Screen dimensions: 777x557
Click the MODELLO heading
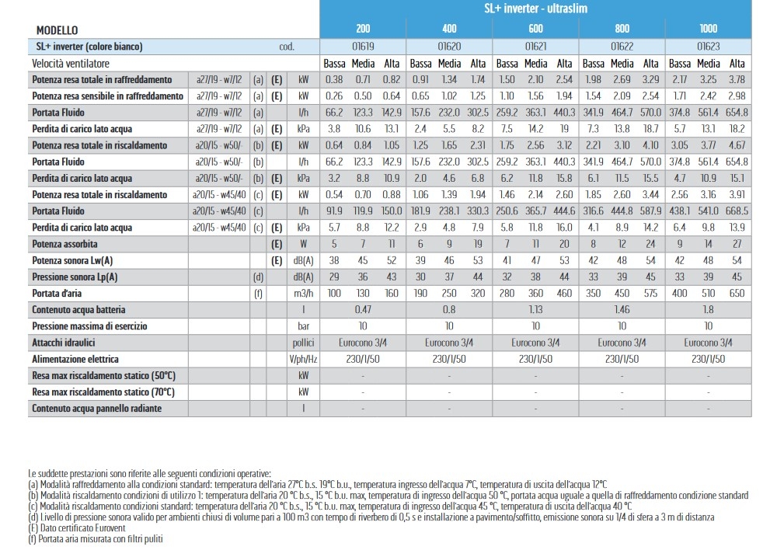(x=57, y=30)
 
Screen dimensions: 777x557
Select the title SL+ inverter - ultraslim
(x=535, y=9)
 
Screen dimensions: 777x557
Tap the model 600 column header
(x=535, y=29)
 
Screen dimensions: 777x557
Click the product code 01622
(x=622, y=47)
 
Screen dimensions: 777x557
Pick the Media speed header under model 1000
(x=709, y=64)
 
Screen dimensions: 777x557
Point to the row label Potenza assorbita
(x=64, y=244)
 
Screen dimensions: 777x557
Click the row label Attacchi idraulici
(x=64, y=343)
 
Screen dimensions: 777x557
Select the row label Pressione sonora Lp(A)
(x=75, y=277)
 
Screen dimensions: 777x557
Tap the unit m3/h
(x=303, y=294)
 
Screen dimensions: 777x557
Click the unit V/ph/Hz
(x=303, y=359)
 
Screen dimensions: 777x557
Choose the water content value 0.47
(x=363, y=310)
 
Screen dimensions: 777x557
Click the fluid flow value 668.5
(x=737, y=211)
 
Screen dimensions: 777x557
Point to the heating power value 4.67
(x=737, y=145)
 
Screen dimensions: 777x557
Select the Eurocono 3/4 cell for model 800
(x=622, y=343)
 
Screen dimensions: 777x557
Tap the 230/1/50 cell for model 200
(x=363, y=359)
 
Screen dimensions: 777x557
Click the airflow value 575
(x=650, y=294)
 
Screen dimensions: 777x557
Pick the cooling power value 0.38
(x=334, y=79)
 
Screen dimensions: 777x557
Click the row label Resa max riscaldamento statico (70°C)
(x=103, y=392)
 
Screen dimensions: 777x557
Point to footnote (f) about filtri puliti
(x=96, y=538)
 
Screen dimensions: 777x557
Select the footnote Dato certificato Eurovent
(x=77, y=527)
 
